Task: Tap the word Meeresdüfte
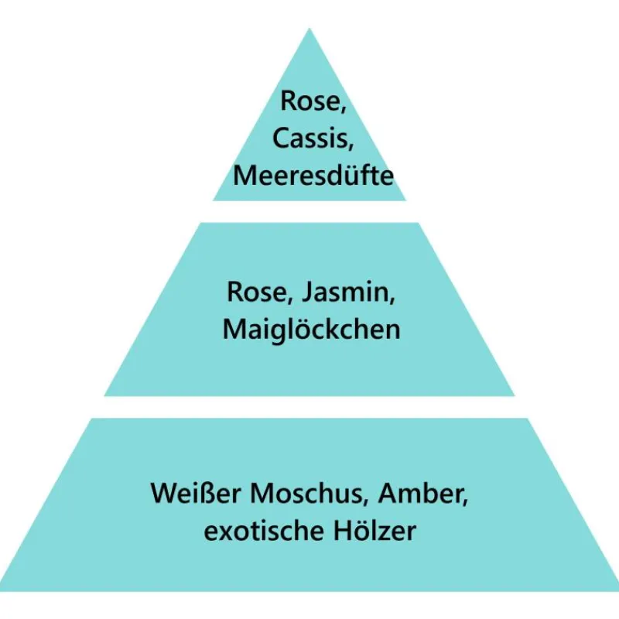click(x=313, y=175)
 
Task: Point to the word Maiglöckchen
click(x=311, y=330)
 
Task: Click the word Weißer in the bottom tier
click(x=193, y=493)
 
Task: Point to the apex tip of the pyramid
click(x=309, y=30)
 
